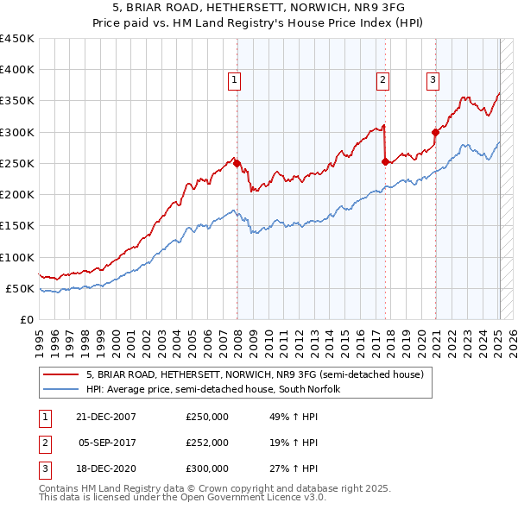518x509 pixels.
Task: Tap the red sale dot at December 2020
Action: click(436, 132)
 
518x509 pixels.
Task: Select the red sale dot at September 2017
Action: click(385, 161)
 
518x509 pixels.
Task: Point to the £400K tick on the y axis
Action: click(19, 70)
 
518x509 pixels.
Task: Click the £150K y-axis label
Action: click(19, 226)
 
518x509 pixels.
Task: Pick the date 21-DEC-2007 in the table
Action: click(106, 417)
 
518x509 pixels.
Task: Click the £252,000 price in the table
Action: click(207, 443)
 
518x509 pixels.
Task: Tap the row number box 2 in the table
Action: click(44, 443)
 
